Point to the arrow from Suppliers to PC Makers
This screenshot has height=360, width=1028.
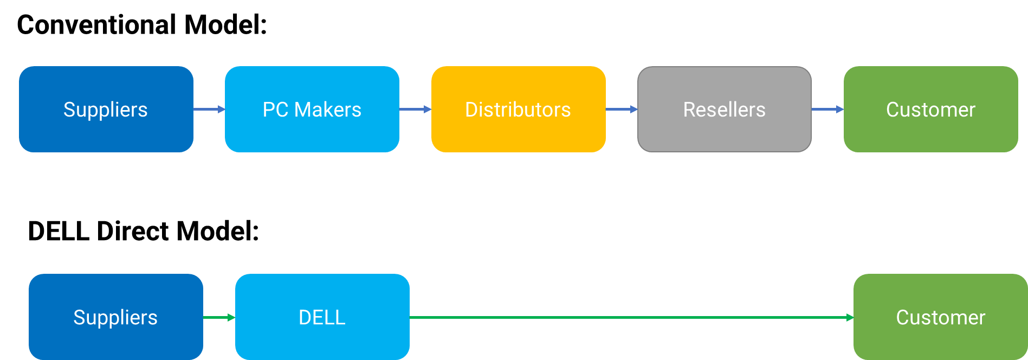[x=209, y=110]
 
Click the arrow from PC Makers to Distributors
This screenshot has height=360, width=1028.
[x=415, y=110]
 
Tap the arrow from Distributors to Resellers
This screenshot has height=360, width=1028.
[x=622, y=110]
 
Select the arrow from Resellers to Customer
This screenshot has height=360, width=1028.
[x=827, y=110]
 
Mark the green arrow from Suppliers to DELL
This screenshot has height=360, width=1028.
[x=219, y=317]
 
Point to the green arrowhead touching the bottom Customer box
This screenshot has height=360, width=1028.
[x=850, y=317]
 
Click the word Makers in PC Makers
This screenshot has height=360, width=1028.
[x=327, y=110]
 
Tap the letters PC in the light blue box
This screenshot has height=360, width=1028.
[x=275, y=110]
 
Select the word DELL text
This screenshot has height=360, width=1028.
[x=322, y=318]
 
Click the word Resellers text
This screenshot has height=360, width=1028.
[x=724, y=110]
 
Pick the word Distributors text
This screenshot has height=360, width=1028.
[x=518, y=110]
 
